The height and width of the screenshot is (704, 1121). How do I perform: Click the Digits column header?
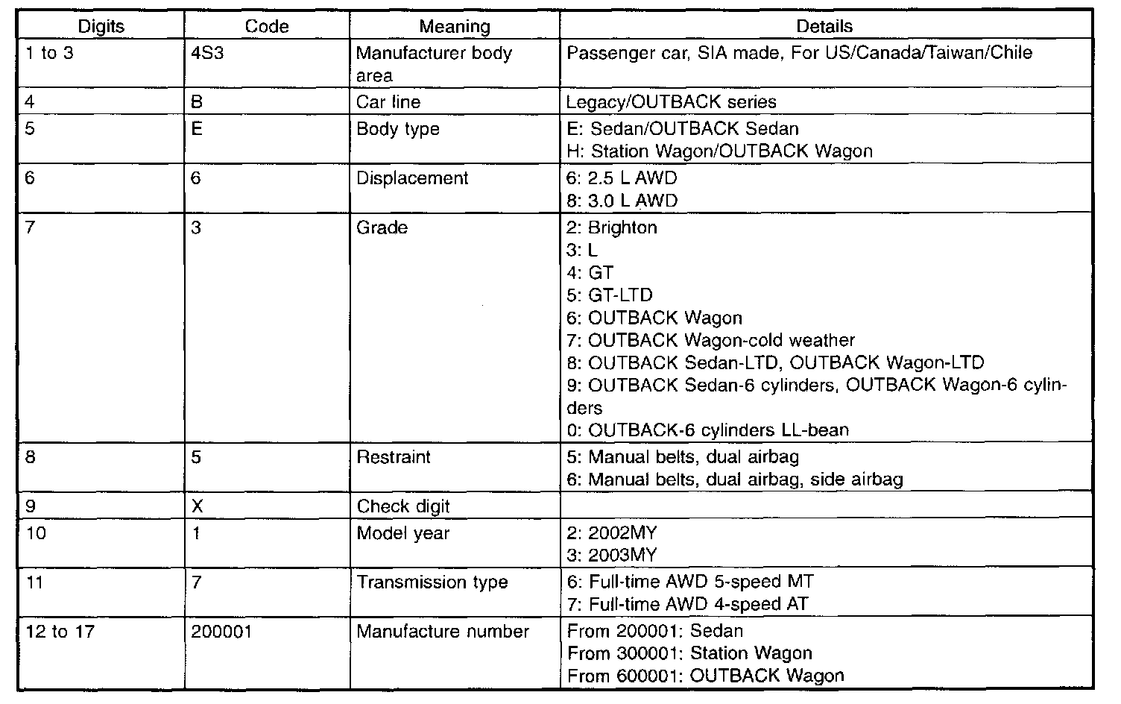click(101, 27)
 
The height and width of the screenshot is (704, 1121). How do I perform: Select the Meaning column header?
click(454, 27)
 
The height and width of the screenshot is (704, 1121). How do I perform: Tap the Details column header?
click(824, 27)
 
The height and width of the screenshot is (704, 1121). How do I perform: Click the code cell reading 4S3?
click(208, 54)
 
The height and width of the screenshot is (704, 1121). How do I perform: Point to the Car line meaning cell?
click(388, 102)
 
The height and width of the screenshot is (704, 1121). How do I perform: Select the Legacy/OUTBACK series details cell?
click(672, 102)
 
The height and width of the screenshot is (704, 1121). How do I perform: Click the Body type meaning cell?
click(398, 129)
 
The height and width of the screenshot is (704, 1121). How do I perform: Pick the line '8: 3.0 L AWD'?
click(622, 201)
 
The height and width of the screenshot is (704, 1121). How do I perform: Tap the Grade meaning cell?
click(382, 227)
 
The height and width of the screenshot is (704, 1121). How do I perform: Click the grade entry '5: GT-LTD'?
click(609, 295)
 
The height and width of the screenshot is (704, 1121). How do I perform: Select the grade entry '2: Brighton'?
click(612, 227)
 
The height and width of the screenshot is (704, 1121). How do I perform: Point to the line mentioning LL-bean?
click(707, 430)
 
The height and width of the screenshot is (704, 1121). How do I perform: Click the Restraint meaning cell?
click(394, 456)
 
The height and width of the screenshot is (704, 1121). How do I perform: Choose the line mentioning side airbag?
click(735, 479)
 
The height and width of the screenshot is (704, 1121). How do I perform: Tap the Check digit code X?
click(198, 506)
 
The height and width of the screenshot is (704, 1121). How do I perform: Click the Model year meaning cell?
click(403, 533)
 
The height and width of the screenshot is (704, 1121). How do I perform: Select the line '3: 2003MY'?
click(612, 556)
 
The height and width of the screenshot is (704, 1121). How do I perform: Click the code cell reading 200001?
click(221, 632)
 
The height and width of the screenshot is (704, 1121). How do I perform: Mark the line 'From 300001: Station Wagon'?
click(689, 653)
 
